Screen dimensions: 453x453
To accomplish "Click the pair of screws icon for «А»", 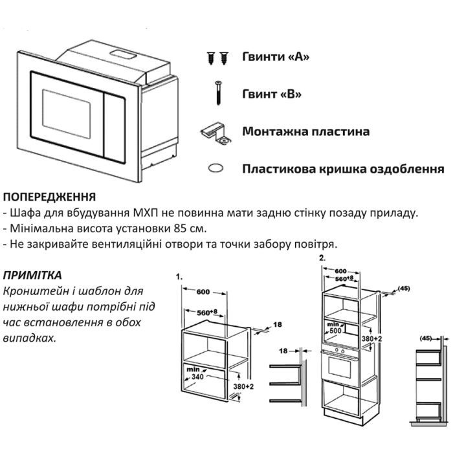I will pyautogui.click(x=217, y=58).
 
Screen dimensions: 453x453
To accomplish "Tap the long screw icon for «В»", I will pyautogui.click(x=217, y=92).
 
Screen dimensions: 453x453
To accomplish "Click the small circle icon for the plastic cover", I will pyautogui.click(x=215, y=168).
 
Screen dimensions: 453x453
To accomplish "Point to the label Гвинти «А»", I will pyautogui.click(x=276, y=56).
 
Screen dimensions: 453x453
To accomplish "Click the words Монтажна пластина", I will pyautogui.click(x=306, y=131).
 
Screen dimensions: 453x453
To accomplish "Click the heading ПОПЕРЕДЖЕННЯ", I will pyautogui.click(x=50, y=196).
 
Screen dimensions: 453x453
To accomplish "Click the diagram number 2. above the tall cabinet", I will pyautogui.click(x=322, y=257).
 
